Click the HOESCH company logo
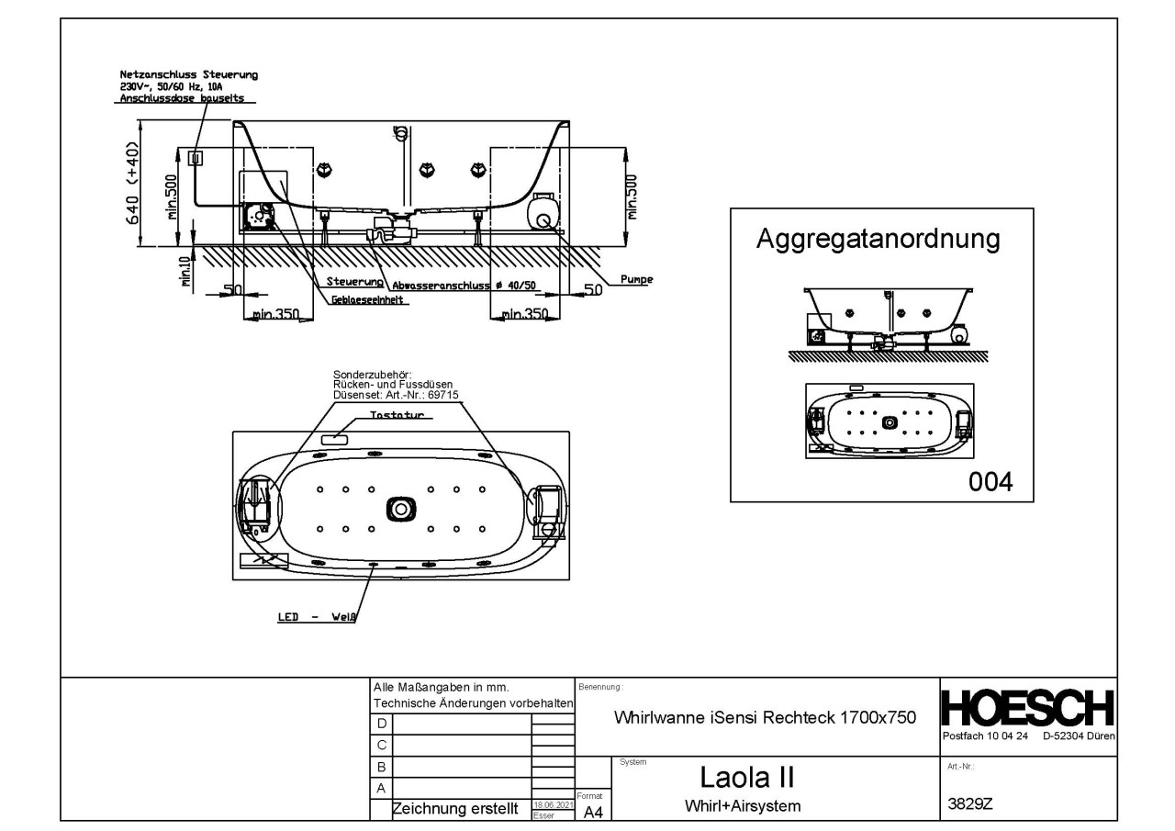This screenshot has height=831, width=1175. [x=1028, y=708]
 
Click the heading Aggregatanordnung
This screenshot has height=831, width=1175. [x=877, y=240]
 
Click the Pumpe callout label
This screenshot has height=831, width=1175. [x=637, y=280]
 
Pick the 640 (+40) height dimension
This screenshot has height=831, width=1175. [x=133, y=183]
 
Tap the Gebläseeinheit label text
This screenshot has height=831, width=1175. [x=371, y=299]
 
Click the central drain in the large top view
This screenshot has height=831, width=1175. [x=400, y=507]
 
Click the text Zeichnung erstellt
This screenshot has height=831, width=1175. [x=449, y=809]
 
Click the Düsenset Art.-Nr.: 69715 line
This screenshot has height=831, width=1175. [x=396, y=395]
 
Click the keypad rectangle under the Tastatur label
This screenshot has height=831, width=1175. [x=335, y=439]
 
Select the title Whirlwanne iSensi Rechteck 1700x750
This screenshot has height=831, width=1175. [x=764, y=718]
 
